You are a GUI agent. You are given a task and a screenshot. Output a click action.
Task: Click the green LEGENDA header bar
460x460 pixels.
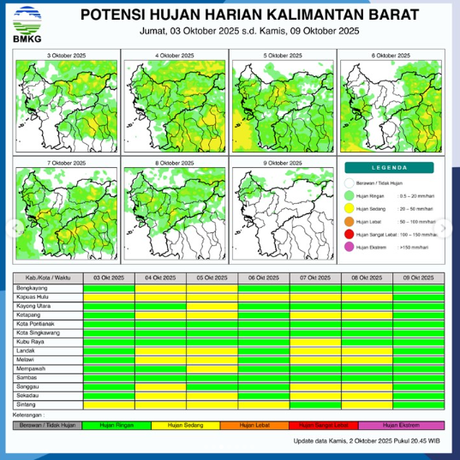tap(390, 168)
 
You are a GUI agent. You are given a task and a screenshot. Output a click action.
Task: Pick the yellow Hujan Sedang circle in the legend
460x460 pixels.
tap(349, 208)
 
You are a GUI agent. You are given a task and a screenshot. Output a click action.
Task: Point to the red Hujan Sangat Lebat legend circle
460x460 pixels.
tap(349, 234)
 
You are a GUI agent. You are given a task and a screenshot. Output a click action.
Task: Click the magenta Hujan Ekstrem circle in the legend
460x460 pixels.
tap(349, 247)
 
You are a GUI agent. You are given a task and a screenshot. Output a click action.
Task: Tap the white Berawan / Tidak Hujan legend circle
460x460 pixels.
tap(349, 182)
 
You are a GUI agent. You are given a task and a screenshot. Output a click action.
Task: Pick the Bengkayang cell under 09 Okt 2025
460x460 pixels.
tap(419, 287)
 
